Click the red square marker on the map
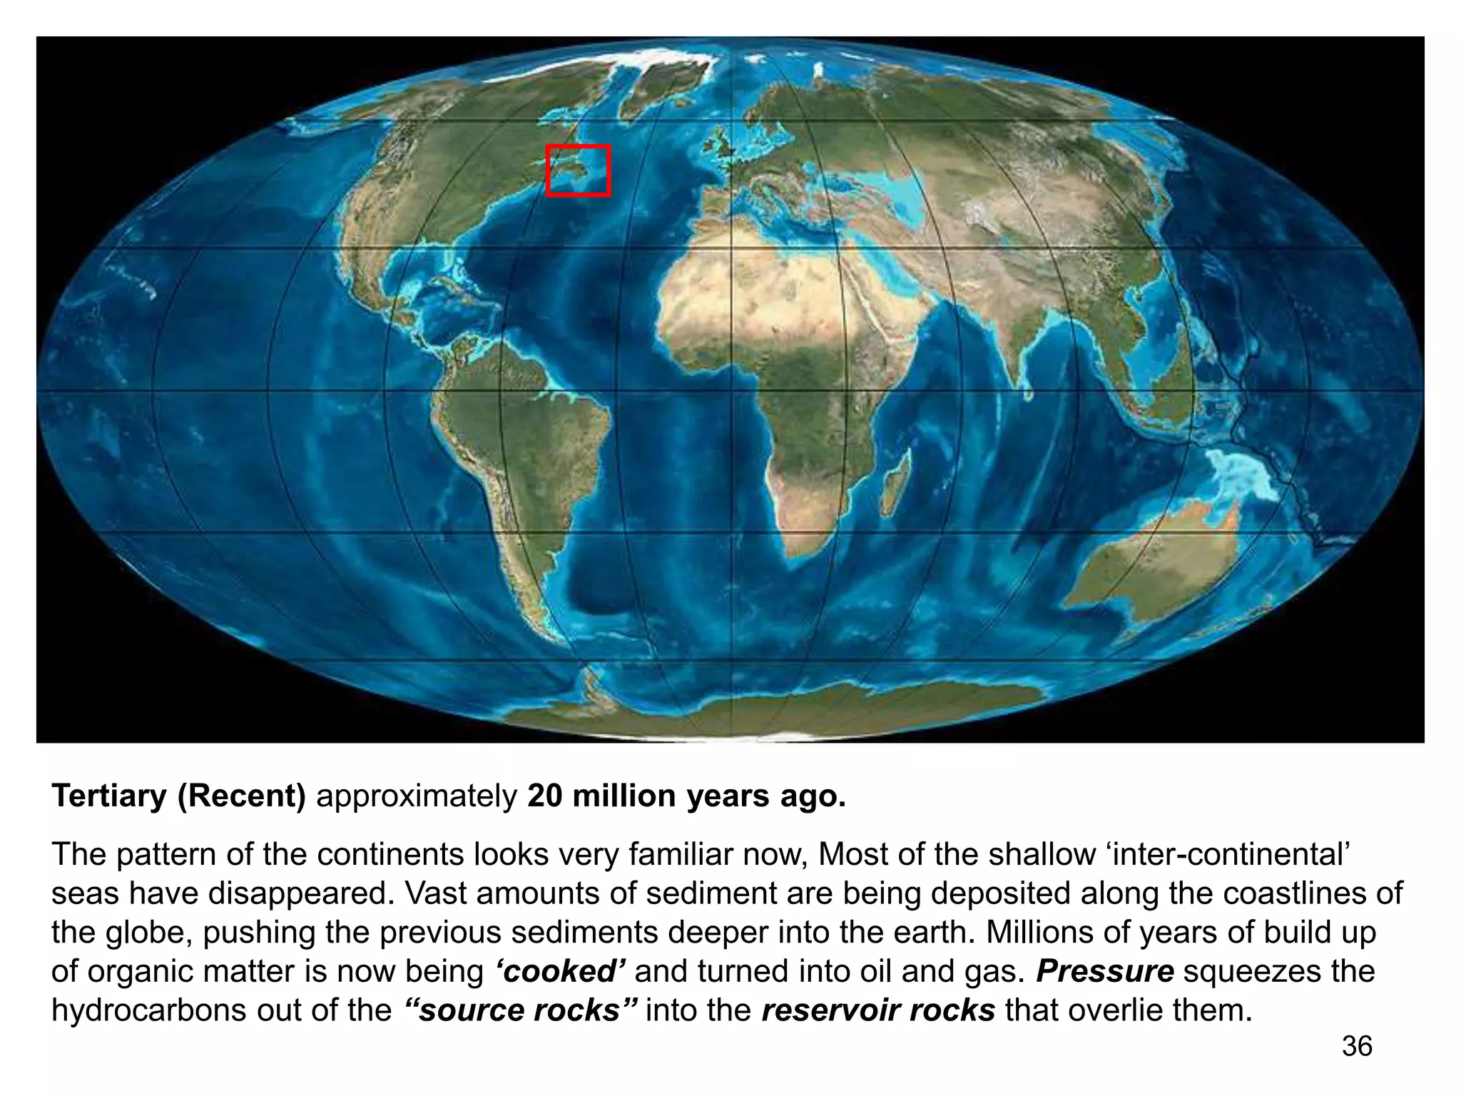(x=579, y=171)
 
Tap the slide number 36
(x=1357, y=1046)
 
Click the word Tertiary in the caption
(x=108, y=796)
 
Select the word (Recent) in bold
(x=241, y=796)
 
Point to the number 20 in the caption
(x=546, y=796)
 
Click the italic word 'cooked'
(x=560, y=971)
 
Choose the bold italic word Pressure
(x=1104, y=971)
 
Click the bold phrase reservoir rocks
(x=878, y=1010)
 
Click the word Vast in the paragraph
(x=433, y=893)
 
